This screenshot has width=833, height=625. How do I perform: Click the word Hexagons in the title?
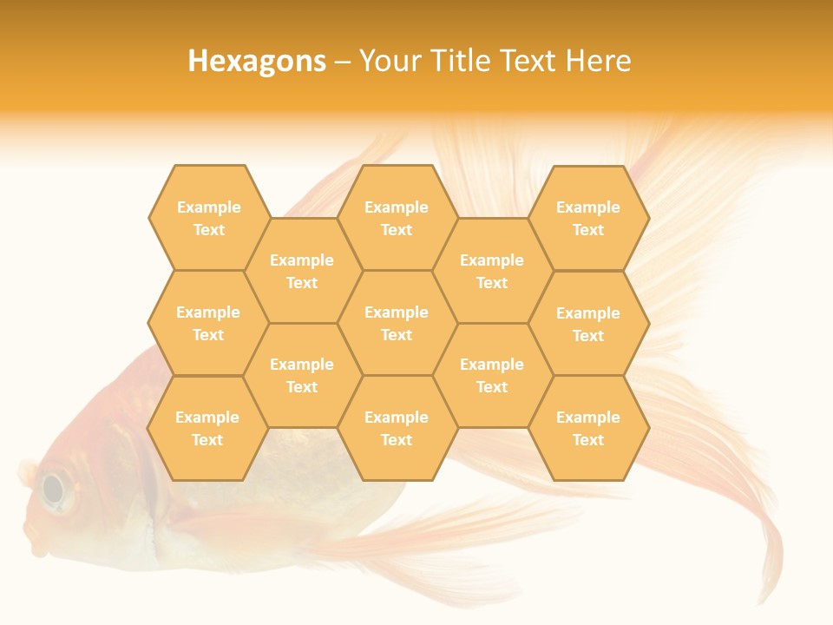[x=257, y=61]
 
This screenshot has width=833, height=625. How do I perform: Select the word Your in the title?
[x=387, y=61]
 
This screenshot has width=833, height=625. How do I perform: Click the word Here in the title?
[x=599, y=61]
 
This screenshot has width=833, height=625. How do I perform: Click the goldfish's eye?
[x=54, y=489]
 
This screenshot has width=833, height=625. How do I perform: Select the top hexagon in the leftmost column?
[x=208, y=218]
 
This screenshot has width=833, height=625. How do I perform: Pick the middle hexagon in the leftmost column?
[x=208, y=323]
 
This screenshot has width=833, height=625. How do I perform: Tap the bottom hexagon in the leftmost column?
[x=207, y=428]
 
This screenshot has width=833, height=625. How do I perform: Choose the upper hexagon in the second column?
[x=302, y=271]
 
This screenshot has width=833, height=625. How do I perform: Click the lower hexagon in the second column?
[x=302, y=375]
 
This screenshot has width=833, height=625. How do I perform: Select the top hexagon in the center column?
[x=397, y=218]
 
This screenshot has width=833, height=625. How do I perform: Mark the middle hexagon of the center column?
[x=397, y=323]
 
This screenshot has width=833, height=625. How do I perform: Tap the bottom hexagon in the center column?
[x=397, y=428]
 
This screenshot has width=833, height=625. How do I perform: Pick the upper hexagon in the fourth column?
[x=492, y=271]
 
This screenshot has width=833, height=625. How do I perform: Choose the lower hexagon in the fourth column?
[x=492, y=375]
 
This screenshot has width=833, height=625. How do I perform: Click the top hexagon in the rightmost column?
[x=588, y=218]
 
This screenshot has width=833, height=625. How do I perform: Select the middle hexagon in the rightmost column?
[x=588, y=324]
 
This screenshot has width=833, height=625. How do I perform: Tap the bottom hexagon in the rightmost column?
[x=588, y=428]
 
